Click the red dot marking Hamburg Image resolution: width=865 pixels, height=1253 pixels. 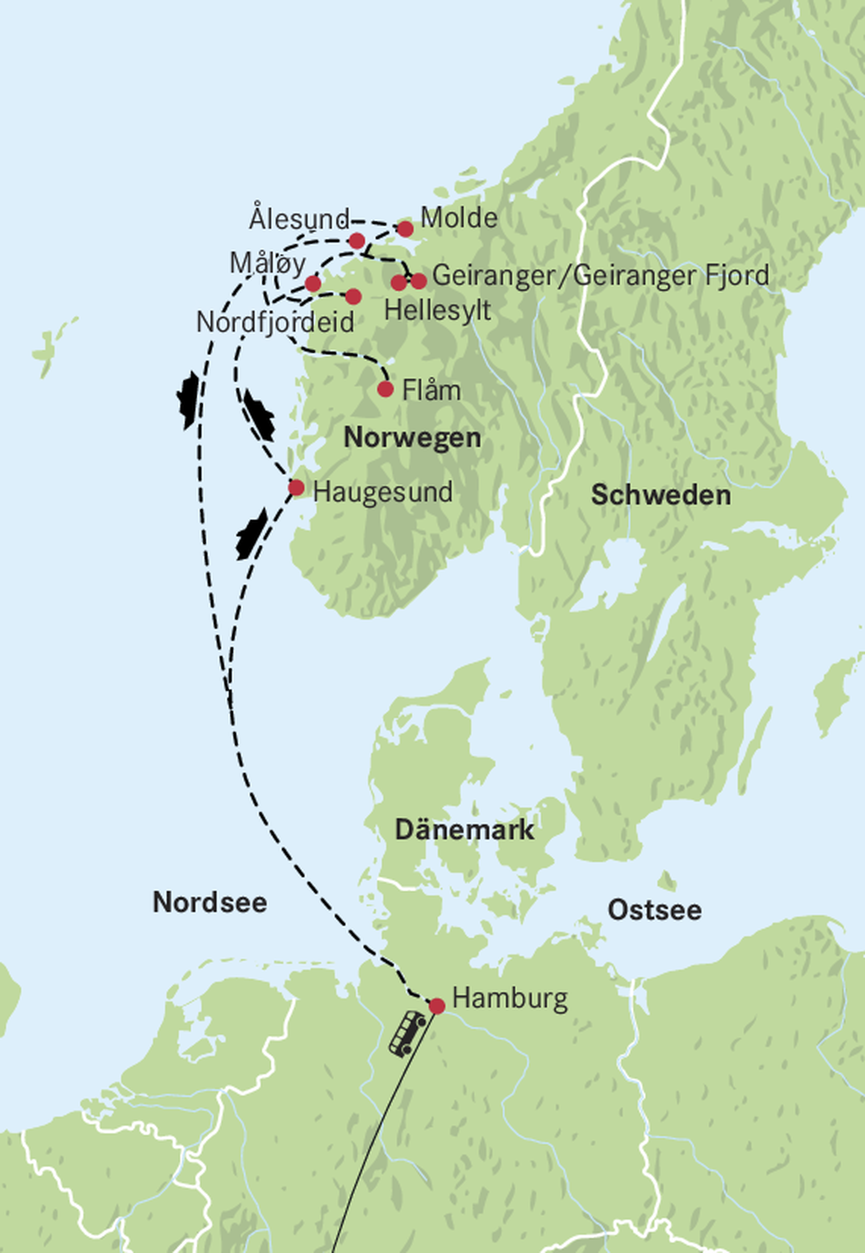coord(437,1006)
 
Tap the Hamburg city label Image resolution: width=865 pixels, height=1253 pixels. coord(510,998)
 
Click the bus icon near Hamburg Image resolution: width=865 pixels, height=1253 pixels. coord(407,1033)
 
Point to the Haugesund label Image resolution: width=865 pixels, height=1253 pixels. coord(383,493)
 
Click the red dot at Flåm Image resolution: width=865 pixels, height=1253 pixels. coord(385,389)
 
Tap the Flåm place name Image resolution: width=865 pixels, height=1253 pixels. coord(431,391)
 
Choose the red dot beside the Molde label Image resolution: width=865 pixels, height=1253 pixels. coord(405,229)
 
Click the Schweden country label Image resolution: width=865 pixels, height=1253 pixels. coord(661,496)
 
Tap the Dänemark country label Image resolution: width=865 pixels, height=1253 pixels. coord(465,830)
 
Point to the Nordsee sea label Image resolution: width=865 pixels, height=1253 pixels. coord(210,903)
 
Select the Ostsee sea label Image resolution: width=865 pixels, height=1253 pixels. coord(654,910)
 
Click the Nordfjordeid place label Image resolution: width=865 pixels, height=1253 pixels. coord(275,322)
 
